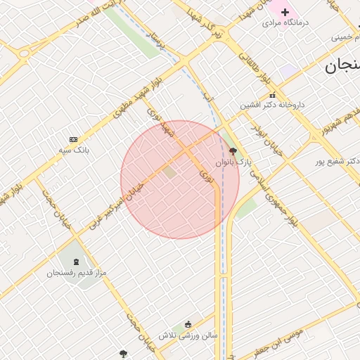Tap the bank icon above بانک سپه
(x=73, y=139)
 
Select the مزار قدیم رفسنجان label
(x=75, y=272)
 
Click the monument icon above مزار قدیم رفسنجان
(x=76, y=262)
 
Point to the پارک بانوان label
(x=233, y=162)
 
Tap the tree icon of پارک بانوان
(x=233, y=150)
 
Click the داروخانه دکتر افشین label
(x=272, y=105)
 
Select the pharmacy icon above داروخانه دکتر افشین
(x=272, y=95)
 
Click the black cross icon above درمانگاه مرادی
(x=285, y=12)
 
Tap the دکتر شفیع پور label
(x=337, y=161)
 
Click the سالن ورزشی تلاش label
(x=188, y=335)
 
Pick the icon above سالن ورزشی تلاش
(x=188, y=324)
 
